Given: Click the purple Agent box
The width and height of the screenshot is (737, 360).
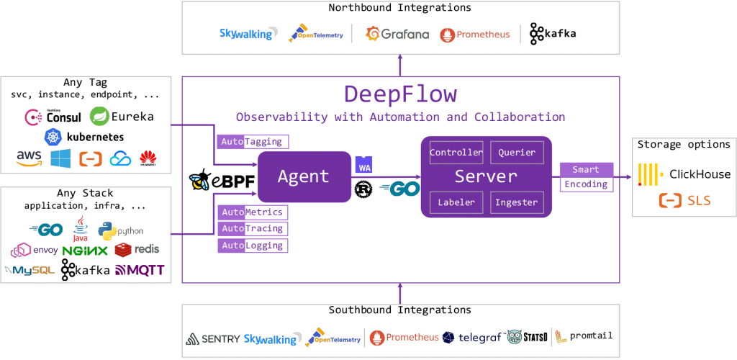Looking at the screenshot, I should (304, 176).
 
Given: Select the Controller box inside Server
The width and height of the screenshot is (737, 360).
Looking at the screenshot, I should (456, 153).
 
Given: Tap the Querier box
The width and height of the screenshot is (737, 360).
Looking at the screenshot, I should (517, 153).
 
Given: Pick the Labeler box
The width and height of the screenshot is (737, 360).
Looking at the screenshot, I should (456, 202).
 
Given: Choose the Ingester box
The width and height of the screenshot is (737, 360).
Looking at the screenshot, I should (517, 202).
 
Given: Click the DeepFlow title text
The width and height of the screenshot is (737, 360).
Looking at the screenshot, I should (400, 94).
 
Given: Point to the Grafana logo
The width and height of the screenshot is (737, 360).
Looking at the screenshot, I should (397, 34).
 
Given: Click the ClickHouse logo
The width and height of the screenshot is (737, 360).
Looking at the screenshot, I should (684, 174).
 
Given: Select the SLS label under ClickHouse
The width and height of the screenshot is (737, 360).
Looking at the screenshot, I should (684, 200).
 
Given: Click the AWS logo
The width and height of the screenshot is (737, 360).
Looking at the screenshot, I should (30, 158).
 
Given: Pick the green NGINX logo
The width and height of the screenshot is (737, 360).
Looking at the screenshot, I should (85, 251).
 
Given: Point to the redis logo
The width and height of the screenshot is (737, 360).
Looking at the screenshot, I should (137, 249).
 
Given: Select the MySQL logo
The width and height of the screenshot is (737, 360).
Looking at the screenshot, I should (30, 271).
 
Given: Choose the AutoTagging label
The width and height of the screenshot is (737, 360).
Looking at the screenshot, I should (253, 142).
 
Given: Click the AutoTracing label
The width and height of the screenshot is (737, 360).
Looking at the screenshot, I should (253, 229).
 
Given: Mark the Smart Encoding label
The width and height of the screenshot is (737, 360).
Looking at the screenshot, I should (586, 177).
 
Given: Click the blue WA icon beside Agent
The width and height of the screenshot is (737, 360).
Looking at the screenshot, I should (364, 165).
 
